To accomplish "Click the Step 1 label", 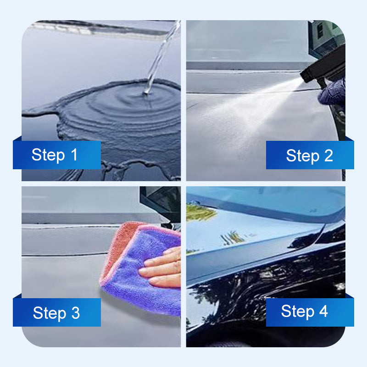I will click(55, 155).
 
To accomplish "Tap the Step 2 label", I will click(310, 156).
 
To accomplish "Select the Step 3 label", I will click(56, 313).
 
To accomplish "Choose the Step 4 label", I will click(305, 311).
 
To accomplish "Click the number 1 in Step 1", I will click(73, 155).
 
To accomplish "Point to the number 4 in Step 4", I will click(323, 311).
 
